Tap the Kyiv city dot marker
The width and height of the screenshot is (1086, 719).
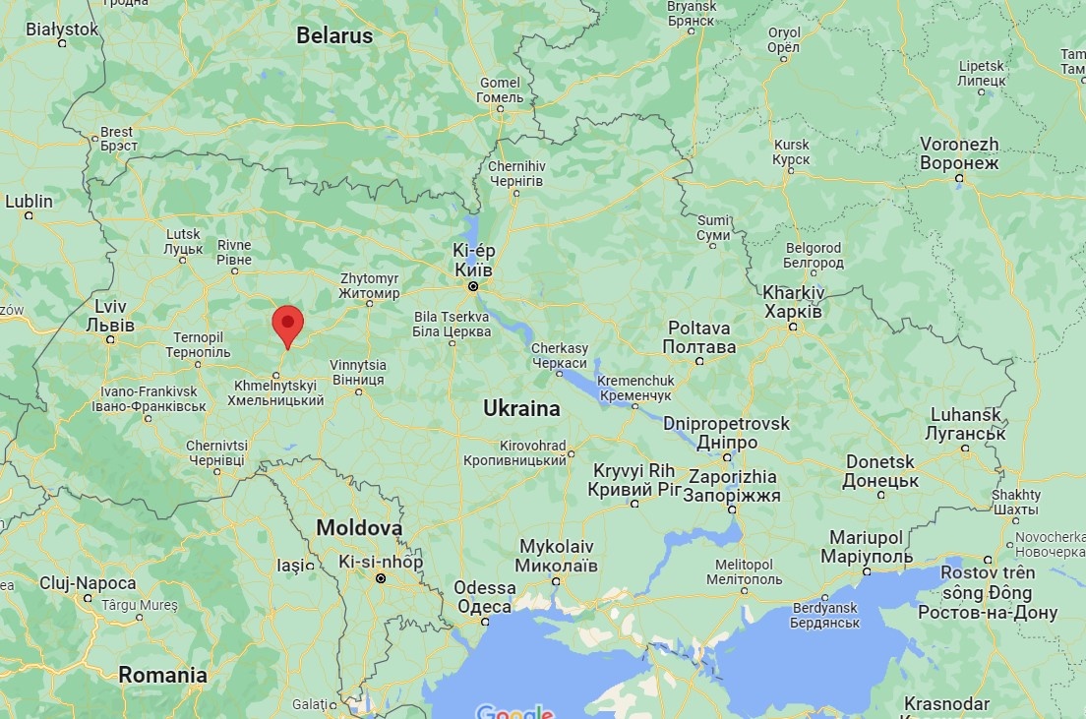pos(473,286)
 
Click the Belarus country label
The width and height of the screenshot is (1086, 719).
pos(334,36)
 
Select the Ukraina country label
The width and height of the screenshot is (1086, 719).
pos(521,408)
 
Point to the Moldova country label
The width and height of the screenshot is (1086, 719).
pos(359,528)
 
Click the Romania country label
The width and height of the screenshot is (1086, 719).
pos(163,675)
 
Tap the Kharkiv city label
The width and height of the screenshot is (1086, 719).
pos(793,302)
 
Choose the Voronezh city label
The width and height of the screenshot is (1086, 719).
pos(959,153)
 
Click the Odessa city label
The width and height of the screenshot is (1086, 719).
pos(485,597)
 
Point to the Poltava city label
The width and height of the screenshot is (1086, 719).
pos(699,337)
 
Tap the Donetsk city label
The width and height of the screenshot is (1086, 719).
pos(880,471)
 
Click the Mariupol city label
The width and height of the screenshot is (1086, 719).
pos(866,546)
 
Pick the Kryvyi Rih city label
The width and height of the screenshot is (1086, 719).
pos(634,480)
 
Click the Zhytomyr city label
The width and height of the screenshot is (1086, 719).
pos(369,285)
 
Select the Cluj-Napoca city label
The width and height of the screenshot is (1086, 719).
pos(88,582)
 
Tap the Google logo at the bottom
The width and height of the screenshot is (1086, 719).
pos(513,711)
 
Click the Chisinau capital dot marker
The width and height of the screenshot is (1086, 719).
pos(381,579)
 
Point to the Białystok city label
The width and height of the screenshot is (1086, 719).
pos(62,30)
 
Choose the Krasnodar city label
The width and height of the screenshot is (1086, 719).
pos(944,703)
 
